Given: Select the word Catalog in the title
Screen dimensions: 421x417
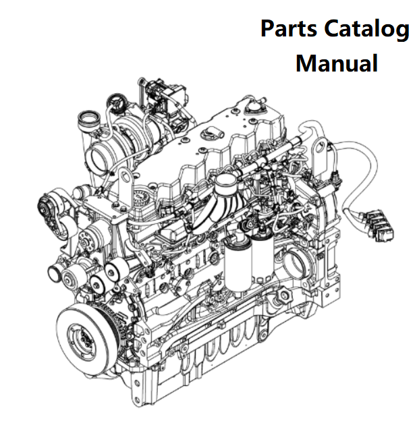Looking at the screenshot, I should click(367, 30).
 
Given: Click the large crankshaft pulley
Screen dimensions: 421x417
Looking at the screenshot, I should click(84, 337).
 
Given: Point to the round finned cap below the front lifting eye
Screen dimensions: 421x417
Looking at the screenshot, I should click(140, 201).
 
